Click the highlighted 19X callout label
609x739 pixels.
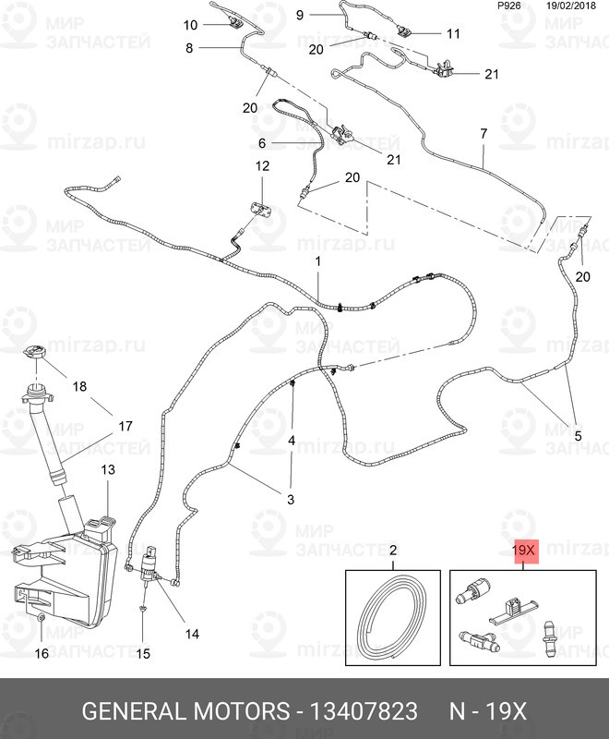(523, 551)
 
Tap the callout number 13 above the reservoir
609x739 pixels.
(108, 470)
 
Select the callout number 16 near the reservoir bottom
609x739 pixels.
(42, 654)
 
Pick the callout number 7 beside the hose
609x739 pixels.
(483, 133)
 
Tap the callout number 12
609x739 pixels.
(262, 166)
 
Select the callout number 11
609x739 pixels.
(452, 33)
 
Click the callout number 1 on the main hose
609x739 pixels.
(317, 262)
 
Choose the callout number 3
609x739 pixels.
(290, 500)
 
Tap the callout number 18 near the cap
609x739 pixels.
(78, 387)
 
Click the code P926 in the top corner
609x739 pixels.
(508, 5)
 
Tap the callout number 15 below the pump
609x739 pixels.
(143, 654)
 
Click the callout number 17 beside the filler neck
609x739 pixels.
(124, 426)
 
